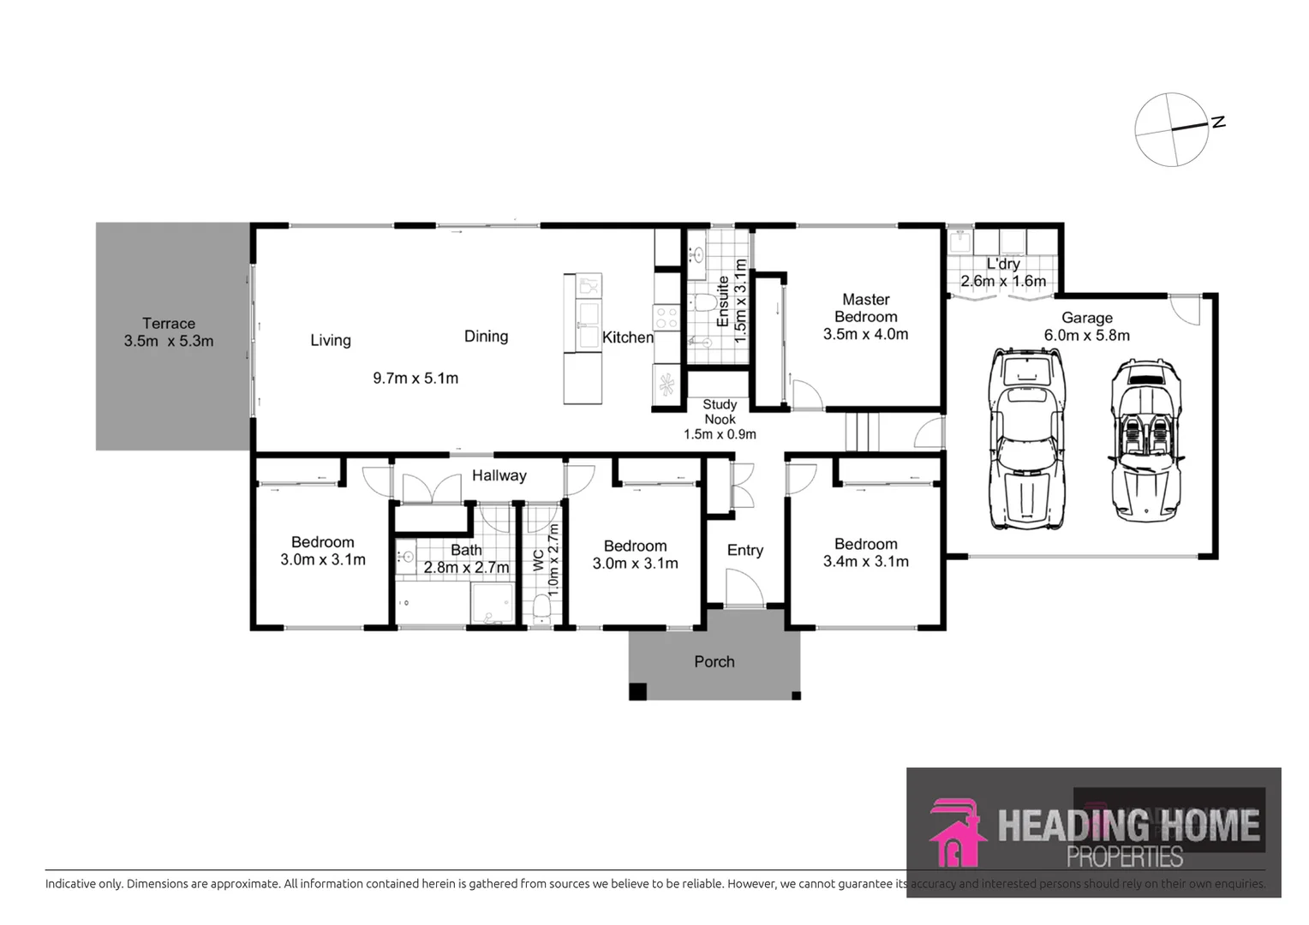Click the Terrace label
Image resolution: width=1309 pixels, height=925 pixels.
point(168,324)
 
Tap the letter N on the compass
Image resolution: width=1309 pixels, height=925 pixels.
point(1217,122)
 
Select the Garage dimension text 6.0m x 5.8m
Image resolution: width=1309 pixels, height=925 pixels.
point(1086,336)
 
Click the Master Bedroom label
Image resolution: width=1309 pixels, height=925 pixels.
point(865,307)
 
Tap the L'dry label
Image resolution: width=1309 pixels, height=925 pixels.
point(1002,264)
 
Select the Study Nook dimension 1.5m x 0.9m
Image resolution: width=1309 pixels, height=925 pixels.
point(720,434)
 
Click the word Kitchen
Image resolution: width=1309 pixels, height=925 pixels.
point(627,337)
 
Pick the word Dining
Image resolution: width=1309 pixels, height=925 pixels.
point(486,337)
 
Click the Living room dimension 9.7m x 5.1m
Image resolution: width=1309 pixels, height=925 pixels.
point(415,378)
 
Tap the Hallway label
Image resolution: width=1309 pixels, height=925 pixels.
point(499,475)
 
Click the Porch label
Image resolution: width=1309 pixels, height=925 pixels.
point(714,661)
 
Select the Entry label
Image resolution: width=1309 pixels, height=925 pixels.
point(744,550)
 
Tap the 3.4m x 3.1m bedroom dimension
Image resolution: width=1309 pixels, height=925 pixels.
point(865,562)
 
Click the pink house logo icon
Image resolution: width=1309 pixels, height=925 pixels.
point(956,832)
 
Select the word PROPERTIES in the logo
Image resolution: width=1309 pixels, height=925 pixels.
point(1124,856)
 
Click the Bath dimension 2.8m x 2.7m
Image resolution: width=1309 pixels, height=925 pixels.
point(466,567)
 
